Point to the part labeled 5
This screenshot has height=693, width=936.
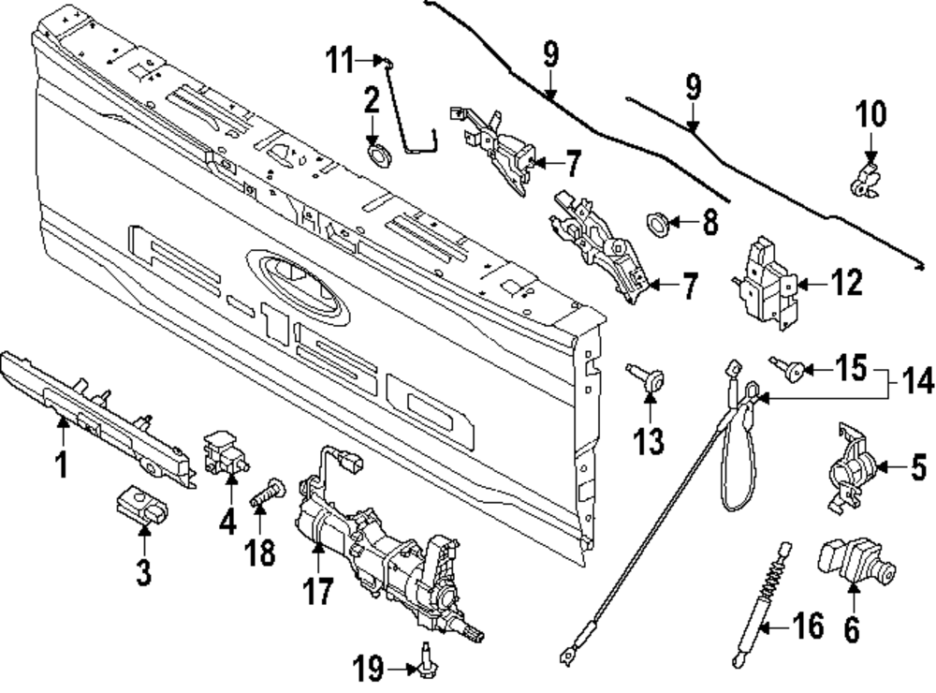point(852,467)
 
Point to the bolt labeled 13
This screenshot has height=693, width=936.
point(651,380)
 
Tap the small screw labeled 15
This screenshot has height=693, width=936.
point(792,371)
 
